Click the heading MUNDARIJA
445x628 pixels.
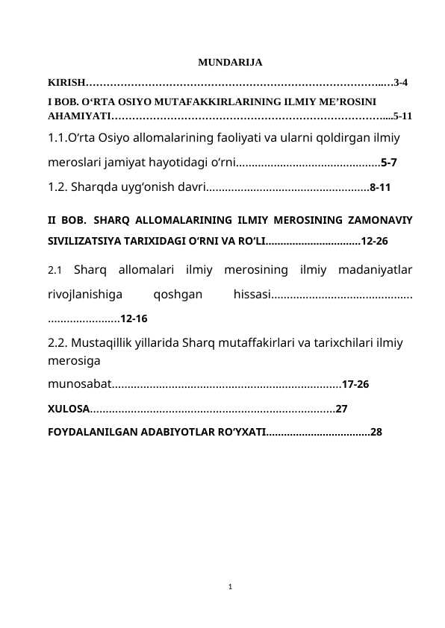click(229, 62)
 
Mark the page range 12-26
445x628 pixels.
click(374, 242)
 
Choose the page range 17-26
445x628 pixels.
click(355, 386)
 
